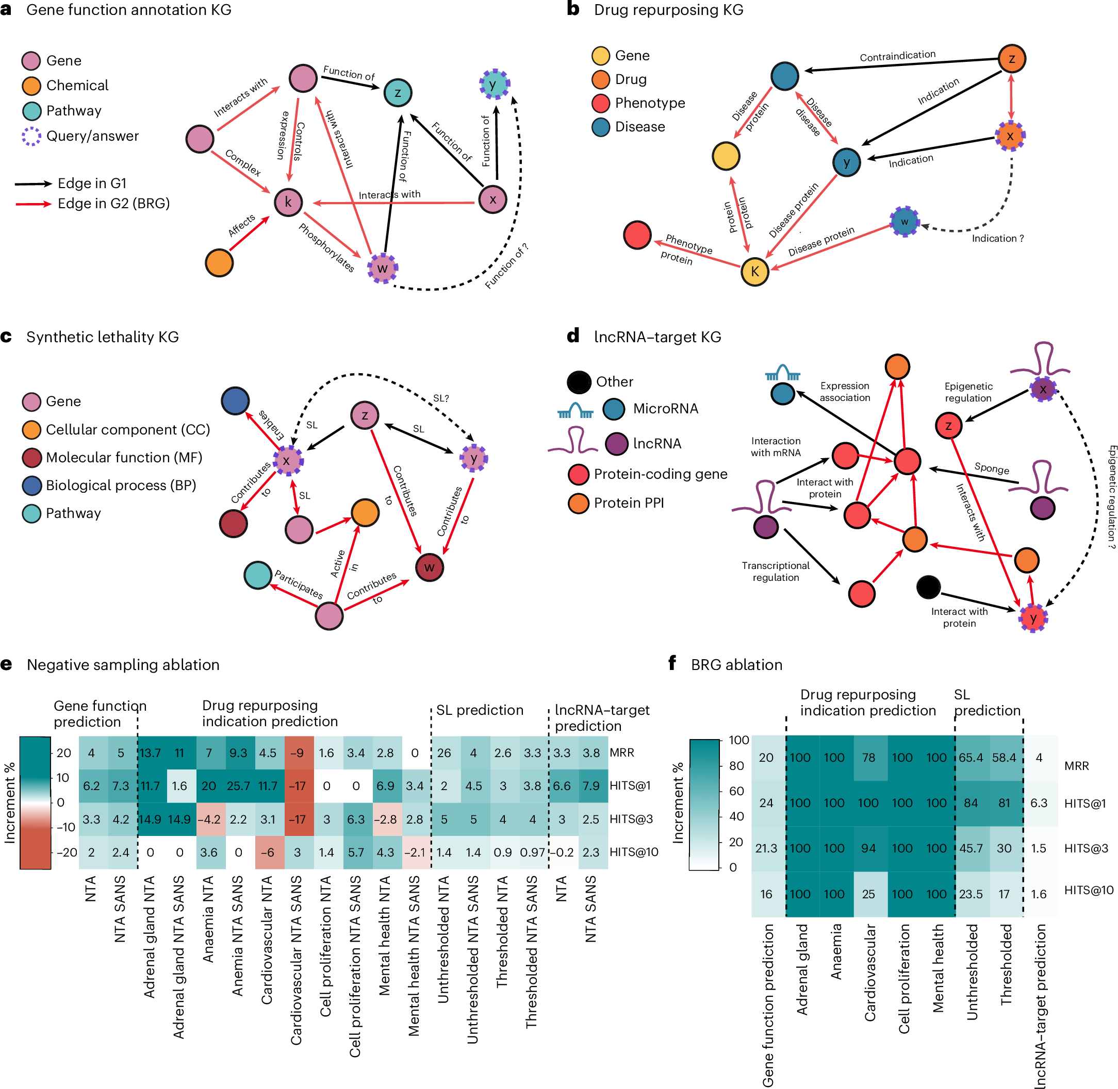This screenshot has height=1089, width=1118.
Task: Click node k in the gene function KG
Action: tap(288, 202)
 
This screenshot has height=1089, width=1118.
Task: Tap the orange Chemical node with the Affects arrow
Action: tap(219, 262)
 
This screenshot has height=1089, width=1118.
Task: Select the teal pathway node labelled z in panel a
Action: tap(398, 93)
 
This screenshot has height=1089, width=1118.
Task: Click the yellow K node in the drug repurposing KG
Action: tap(754, 271)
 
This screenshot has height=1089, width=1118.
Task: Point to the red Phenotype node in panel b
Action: tap(637, 235)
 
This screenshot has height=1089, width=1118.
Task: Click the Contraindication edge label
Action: tap(897, 56)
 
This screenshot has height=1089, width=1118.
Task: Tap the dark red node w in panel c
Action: tap(429, 567)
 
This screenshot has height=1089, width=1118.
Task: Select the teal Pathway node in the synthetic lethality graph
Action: tap(258, 575)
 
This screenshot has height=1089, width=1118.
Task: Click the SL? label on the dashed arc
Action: tap(440, 398)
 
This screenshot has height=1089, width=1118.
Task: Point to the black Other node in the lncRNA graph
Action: tap(928, 587)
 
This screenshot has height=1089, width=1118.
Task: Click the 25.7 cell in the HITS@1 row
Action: tap(238, 786)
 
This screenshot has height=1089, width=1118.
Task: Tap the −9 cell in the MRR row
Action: tap(297, 752)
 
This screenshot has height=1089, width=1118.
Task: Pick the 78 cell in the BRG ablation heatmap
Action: tap(868, 758)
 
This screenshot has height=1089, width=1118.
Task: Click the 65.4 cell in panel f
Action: tap(971, 758)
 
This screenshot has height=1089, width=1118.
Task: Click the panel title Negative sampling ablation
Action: tap(123, 665)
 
